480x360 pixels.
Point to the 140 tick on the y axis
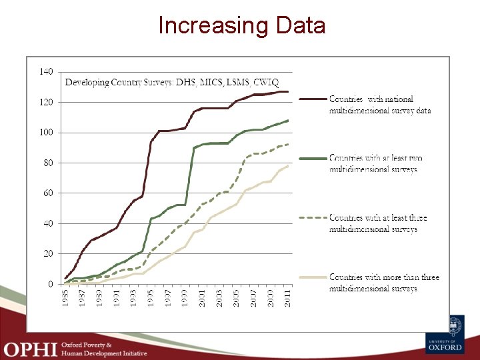point(46,72)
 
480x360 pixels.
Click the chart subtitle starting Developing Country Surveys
point(171,83)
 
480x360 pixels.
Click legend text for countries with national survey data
point(379,105)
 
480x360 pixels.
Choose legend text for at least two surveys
point(375,164)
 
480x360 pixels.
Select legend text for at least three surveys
point(377,223)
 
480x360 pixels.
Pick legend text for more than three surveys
point(384,283)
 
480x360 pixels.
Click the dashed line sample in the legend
point(312,218)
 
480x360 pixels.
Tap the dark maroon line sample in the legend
point(312,99)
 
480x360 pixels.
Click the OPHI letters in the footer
point(29,349)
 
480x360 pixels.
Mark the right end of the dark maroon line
point(288,91)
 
